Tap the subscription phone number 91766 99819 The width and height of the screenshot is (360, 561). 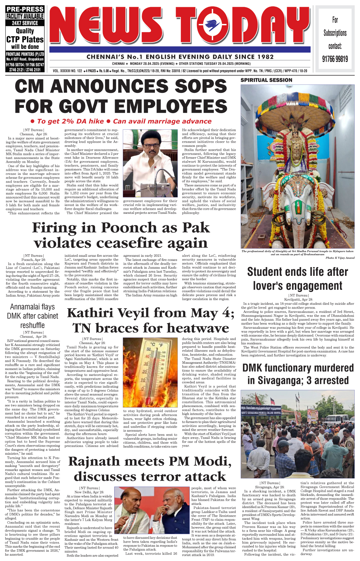(335, 59)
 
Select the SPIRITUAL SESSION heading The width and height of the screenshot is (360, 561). (266, 80)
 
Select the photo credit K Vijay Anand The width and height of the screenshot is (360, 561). (340, 258)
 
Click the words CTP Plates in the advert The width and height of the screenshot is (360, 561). (25, 40)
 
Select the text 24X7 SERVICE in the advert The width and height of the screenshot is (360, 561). (25, 23)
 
